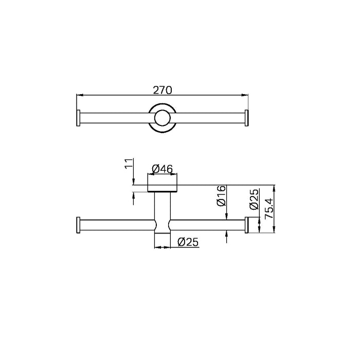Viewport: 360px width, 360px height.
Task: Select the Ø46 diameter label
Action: pyautogui.click(x=163, y=168)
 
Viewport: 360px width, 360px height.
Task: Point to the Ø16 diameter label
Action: pyautogui.click(x=220, y=196)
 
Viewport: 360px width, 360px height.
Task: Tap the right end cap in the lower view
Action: pyautogui.click(x=247, y=225)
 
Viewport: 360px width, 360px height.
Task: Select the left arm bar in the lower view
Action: pyautogui.click(x=116, y=225)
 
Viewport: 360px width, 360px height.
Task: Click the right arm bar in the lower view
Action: pyautogui.click(x=208, y=225)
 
